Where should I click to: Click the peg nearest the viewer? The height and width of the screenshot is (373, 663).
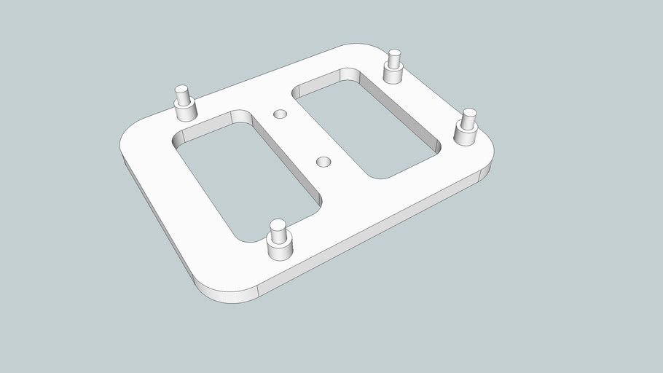(x=278, y=240)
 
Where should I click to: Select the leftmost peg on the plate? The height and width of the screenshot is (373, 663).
(x=184, y=103)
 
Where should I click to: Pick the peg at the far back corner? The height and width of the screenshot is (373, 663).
(x=394, y=68)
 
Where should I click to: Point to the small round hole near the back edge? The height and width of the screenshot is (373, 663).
(x=280, y=114)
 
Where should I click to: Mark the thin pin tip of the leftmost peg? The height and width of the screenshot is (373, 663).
(x=182, y=93)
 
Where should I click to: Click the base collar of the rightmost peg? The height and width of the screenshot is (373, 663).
(x=466, y=136)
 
